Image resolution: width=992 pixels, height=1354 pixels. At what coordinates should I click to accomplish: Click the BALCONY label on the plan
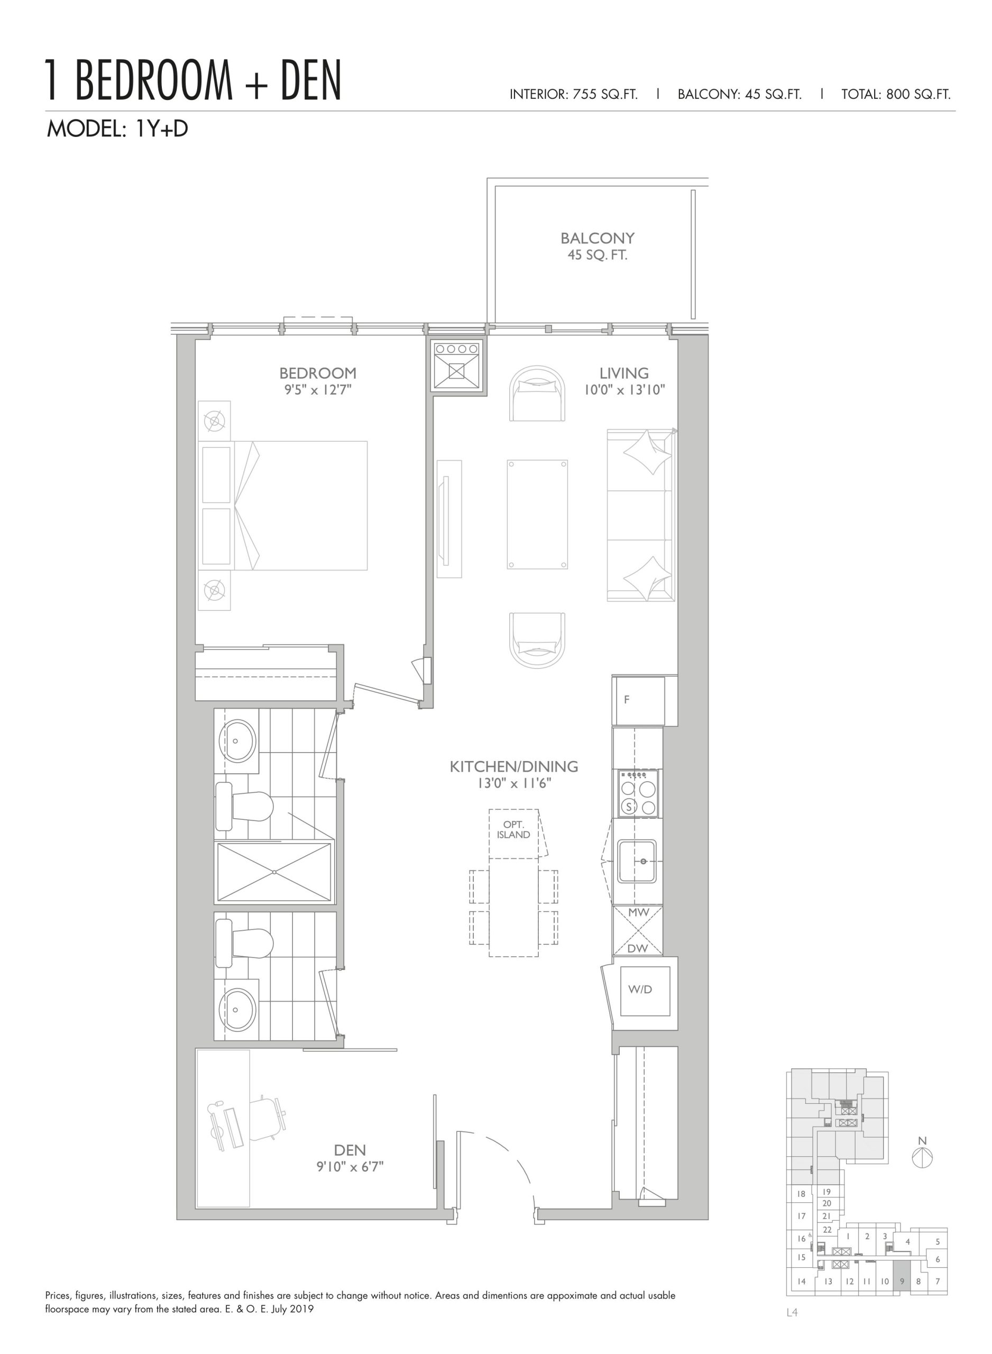[597, 238]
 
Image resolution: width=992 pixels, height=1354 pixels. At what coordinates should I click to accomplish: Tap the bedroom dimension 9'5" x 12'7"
[318, 390]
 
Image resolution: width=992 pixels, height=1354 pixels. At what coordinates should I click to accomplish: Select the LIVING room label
[624, 373]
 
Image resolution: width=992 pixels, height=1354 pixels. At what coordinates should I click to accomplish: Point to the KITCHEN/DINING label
[514, 766]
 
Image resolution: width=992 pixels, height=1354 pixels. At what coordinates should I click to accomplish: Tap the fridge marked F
[638, 700]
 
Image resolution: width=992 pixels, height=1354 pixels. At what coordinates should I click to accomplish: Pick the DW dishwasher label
[637, 948]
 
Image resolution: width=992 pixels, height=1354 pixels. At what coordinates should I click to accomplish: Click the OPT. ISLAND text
[513, 830]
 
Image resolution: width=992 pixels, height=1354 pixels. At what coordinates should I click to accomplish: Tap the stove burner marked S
[629, 807]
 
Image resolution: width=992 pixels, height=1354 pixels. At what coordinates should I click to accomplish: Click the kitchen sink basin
[637, 861]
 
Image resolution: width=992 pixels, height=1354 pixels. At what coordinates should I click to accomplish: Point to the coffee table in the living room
[537, 515]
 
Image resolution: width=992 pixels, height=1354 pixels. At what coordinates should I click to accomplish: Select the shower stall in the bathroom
[274, 872]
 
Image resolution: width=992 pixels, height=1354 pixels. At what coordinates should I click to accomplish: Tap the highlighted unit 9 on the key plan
[902, 1280]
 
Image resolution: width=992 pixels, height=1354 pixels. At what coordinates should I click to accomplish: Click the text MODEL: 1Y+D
[118, 129]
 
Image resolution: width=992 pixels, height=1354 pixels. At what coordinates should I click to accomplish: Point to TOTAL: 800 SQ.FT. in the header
[896, 94]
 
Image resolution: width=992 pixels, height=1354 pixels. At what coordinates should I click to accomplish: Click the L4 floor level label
[792, 1313]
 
